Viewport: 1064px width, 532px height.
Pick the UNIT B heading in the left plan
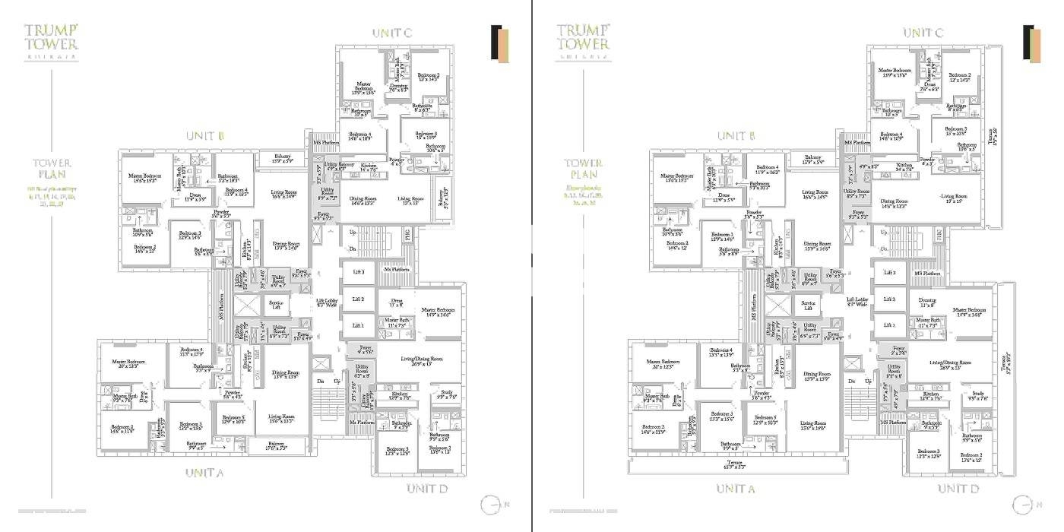click(x=204, y=136)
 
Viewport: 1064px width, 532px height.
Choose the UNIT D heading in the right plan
click(x=957, y=488)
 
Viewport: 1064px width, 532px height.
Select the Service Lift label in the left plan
click(x=277, y=306)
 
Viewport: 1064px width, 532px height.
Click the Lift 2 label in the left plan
click(x=358, y=299)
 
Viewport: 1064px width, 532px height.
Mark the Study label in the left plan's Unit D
click(x=446, y=395)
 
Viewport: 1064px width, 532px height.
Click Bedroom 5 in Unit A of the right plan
click(x=765, y=420)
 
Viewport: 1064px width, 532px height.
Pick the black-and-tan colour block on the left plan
click(x=499, y=43)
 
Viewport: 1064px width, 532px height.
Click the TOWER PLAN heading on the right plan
click(x=584, y=168)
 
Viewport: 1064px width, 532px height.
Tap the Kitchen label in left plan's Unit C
click(x=369, y=166)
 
